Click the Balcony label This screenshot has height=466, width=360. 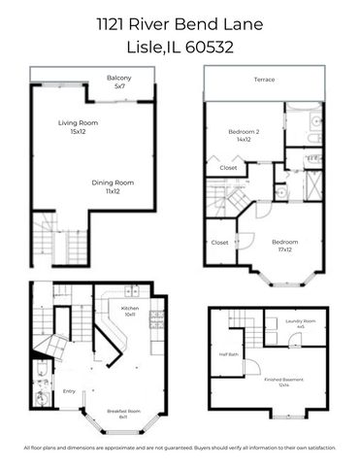(x=119, y=82)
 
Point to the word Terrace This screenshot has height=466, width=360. (x=264, y=79)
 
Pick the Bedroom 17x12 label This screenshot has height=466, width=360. (x=284, y=245)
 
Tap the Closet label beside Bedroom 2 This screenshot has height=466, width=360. (x=229, y=168)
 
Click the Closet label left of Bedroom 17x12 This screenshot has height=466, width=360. (x=219, y=242)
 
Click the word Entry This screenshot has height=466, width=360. (x=69, y=391)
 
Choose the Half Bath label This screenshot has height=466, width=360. (x=228, y=354)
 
